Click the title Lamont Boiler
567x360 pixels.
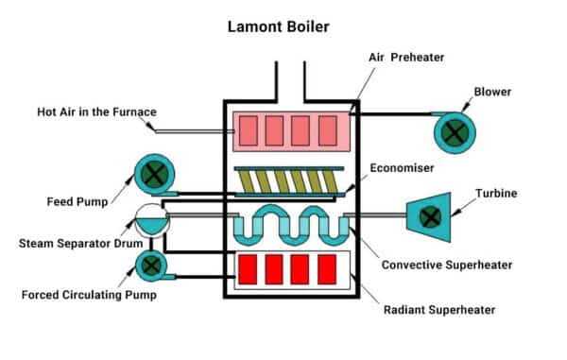pos(283,26)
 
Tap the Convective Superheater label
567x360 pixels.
pos(444,266)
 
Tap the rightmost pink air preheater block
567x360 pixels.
pos(327,129)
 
